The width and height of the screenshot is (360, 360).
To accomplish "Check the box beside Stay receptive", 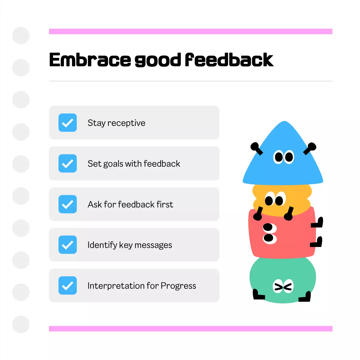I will pyautogui.click(x=67, y=123).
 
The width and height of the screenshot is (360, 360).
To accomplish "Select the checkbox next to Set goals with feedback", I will pyautogui.click(x=67, y=163).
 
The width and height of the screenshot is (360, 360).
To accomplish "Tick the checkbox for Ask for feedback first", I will pyautogui.click(x=67, y=204).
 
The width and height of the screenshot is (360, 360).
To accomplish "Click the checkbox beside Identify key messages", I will pyautogui.click(x=67, y=245).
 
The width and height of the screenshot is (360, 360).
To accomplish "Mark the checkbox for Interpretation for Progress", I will pyautogui.click(x=67, y=285).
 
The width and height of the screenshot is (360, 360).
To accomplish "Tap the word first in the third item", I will pyautogui.click(x=165, y=204).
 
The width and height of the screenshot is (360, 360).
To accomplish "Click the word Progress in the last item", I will pyautogui.click(x=178, y=286).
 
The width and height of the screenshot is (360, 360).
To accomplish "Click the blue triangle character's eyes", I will pyautogui.click(x=283, y=157).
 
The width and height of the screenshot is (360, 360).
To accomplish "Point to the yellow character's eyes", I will pyautogui.click(x=275, y=199).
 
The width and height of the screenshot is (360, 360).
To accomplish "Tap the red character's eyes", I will pyautogui.click(x=269, y=233).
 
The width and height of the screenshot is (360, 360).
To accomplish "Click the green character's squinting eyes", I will pyautogui.click(x=283, y=286).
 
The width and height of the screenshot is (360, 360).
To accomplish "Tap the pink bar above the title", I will pyautogui.click(x=191, y=31).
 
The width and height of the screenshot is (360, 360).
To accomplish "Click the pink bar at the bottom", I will pyautogui.click(x=191, y=328).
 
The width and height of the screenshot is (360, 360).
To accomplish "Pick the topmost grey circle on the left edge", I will pyautogui.click(x=21, y=35).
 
